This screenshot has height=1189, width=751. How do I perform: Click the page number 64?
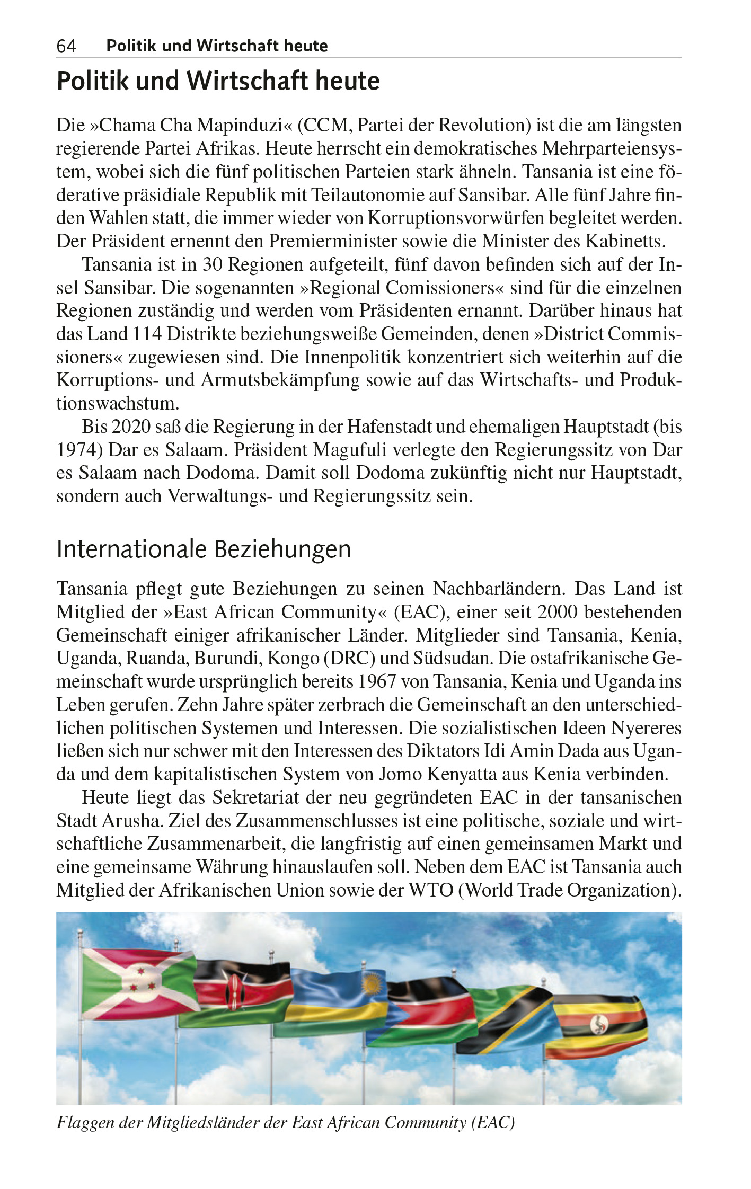[x=66, y=47]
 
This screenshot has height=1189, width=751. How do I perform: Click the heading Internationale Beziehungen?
[x=204, y=549]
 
